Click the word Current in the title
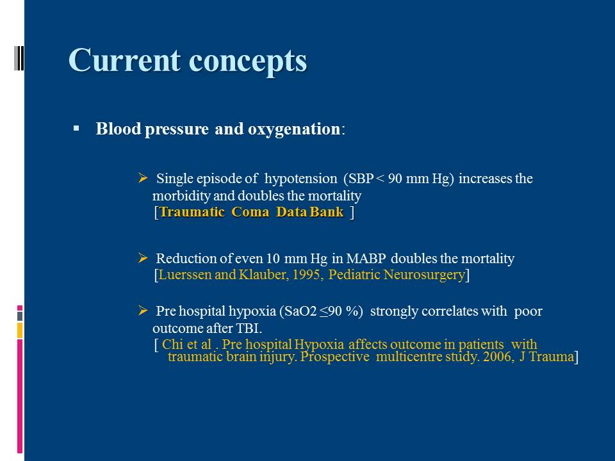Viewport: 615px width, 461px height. pos(125,60)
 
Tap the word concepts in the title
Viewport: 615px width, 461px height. pos(248,62)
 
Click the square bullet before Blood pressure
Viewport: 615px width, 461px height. pos(76,128)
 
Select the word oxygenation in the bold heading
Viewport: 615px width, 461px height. pos(294,129)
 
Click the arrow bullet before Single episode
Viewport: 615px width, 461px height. pos(143,179)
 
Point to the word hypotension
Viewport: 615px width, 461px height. pos(301,179)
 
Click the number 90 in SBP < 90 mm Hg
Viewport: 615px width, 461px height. pos(395,179)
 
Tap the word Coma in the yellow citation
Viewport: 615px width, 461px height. pos(250,212)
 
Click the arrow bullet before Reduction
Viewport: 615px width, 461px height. pos(143,258)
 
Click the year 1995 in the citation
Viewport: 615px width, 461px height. pos(308,275)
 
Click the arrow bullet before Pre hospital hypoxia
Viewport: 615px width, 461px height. pos(143,311)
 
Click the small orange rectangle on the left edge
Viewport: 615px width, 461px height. pos(20,330)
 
